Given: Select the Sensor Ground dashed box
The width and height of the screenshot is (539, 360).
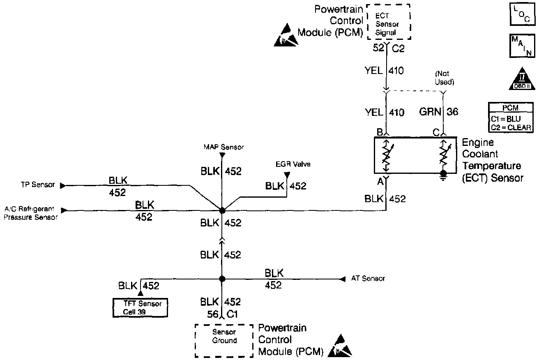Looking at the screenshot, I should click(x=224, y=340).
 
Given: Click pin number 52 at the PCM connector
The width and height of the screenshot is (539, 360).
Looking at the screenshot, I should click(x=377, y=49).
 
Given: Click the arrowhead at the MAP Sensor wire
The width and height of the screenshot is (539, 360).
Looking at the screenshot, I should click(x=222, y=155).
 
